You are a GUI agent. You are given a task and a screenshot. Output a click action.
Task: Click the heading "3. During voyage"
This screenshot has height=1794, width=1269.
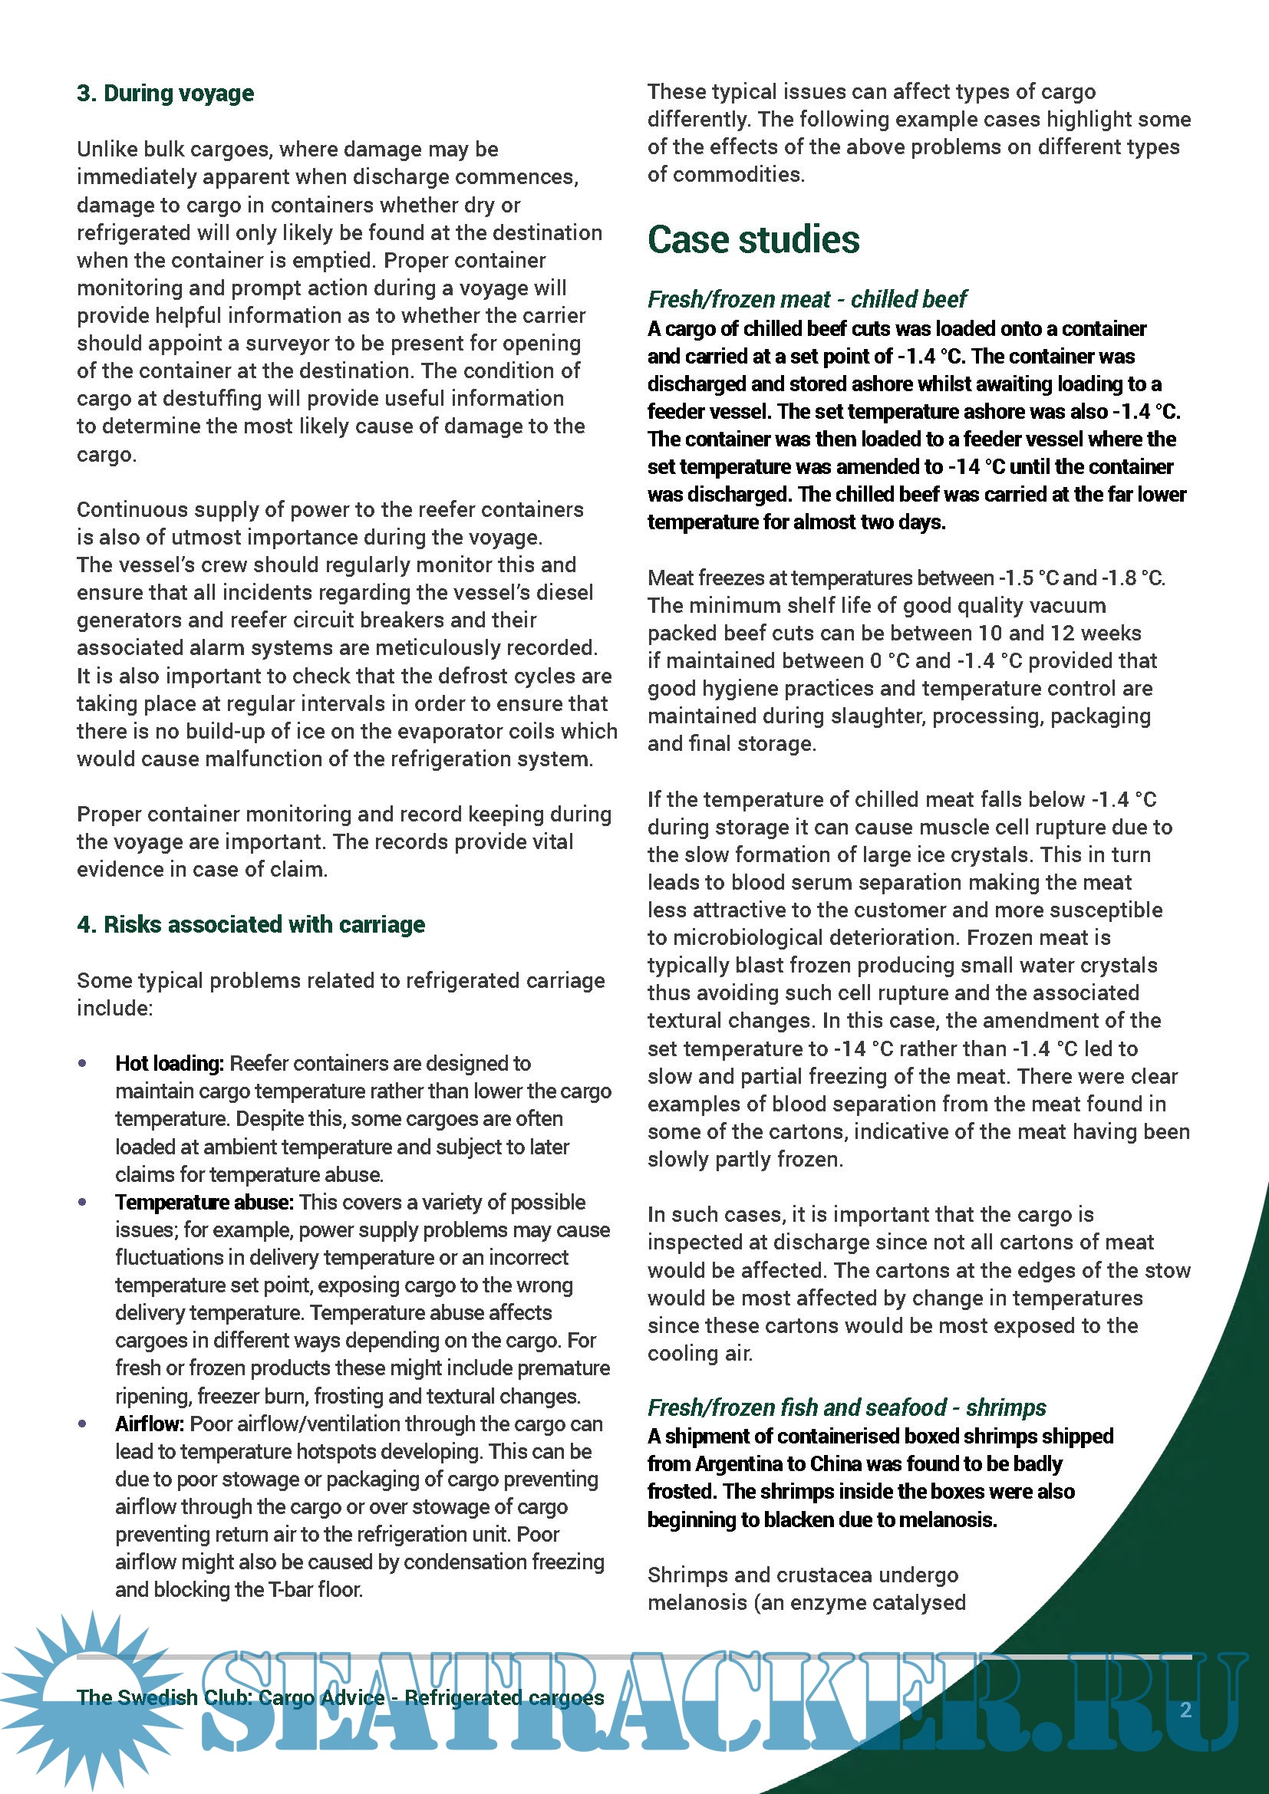tap(165, 94)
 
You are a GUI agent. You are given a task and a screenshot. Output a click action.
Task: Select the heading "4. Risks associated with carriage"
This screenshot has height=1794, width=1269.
tap(251, 924)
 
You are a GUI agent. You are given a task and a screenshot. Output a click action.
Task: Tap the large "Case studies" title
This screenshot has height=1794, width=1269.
tap(753, 239)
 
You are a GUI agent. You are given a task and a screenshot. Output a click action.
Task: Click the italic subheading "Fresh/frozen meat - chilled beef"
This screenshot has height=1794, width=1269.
tap(806, 299)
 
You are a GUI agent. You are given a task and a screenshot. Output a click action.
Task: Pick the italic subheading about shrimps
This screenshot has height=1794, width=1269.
tap(846, 1407)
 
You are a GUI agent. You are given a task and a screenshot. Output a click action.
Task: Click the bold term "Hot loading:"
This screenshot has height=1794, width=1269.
tap(170, 1063)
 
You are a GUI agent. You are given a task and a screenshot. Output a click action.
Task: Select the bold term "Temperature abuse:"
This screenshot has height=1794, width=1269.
tap(204, 1202)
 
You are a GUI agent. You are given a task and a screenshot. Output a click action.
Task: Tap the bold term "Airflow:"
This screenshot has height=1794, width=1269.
tap(150, 1424)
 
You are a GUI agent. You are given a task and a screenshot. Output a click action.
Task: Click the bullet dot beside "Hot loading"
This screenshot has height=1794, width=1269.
tap(83, 1063)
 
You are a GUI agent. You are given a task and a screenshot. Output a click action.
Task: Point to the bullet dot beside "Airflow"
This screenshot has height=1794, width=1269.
tap(83, 1424)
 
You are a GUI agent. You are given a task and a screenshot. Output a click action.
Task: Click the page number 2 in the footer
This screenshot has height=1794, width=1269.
tap(1185, 1710)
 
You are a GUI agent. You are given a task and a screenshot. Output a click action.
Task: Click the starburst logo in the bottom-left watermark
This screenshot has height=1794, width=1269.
tap(86, 1696)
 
